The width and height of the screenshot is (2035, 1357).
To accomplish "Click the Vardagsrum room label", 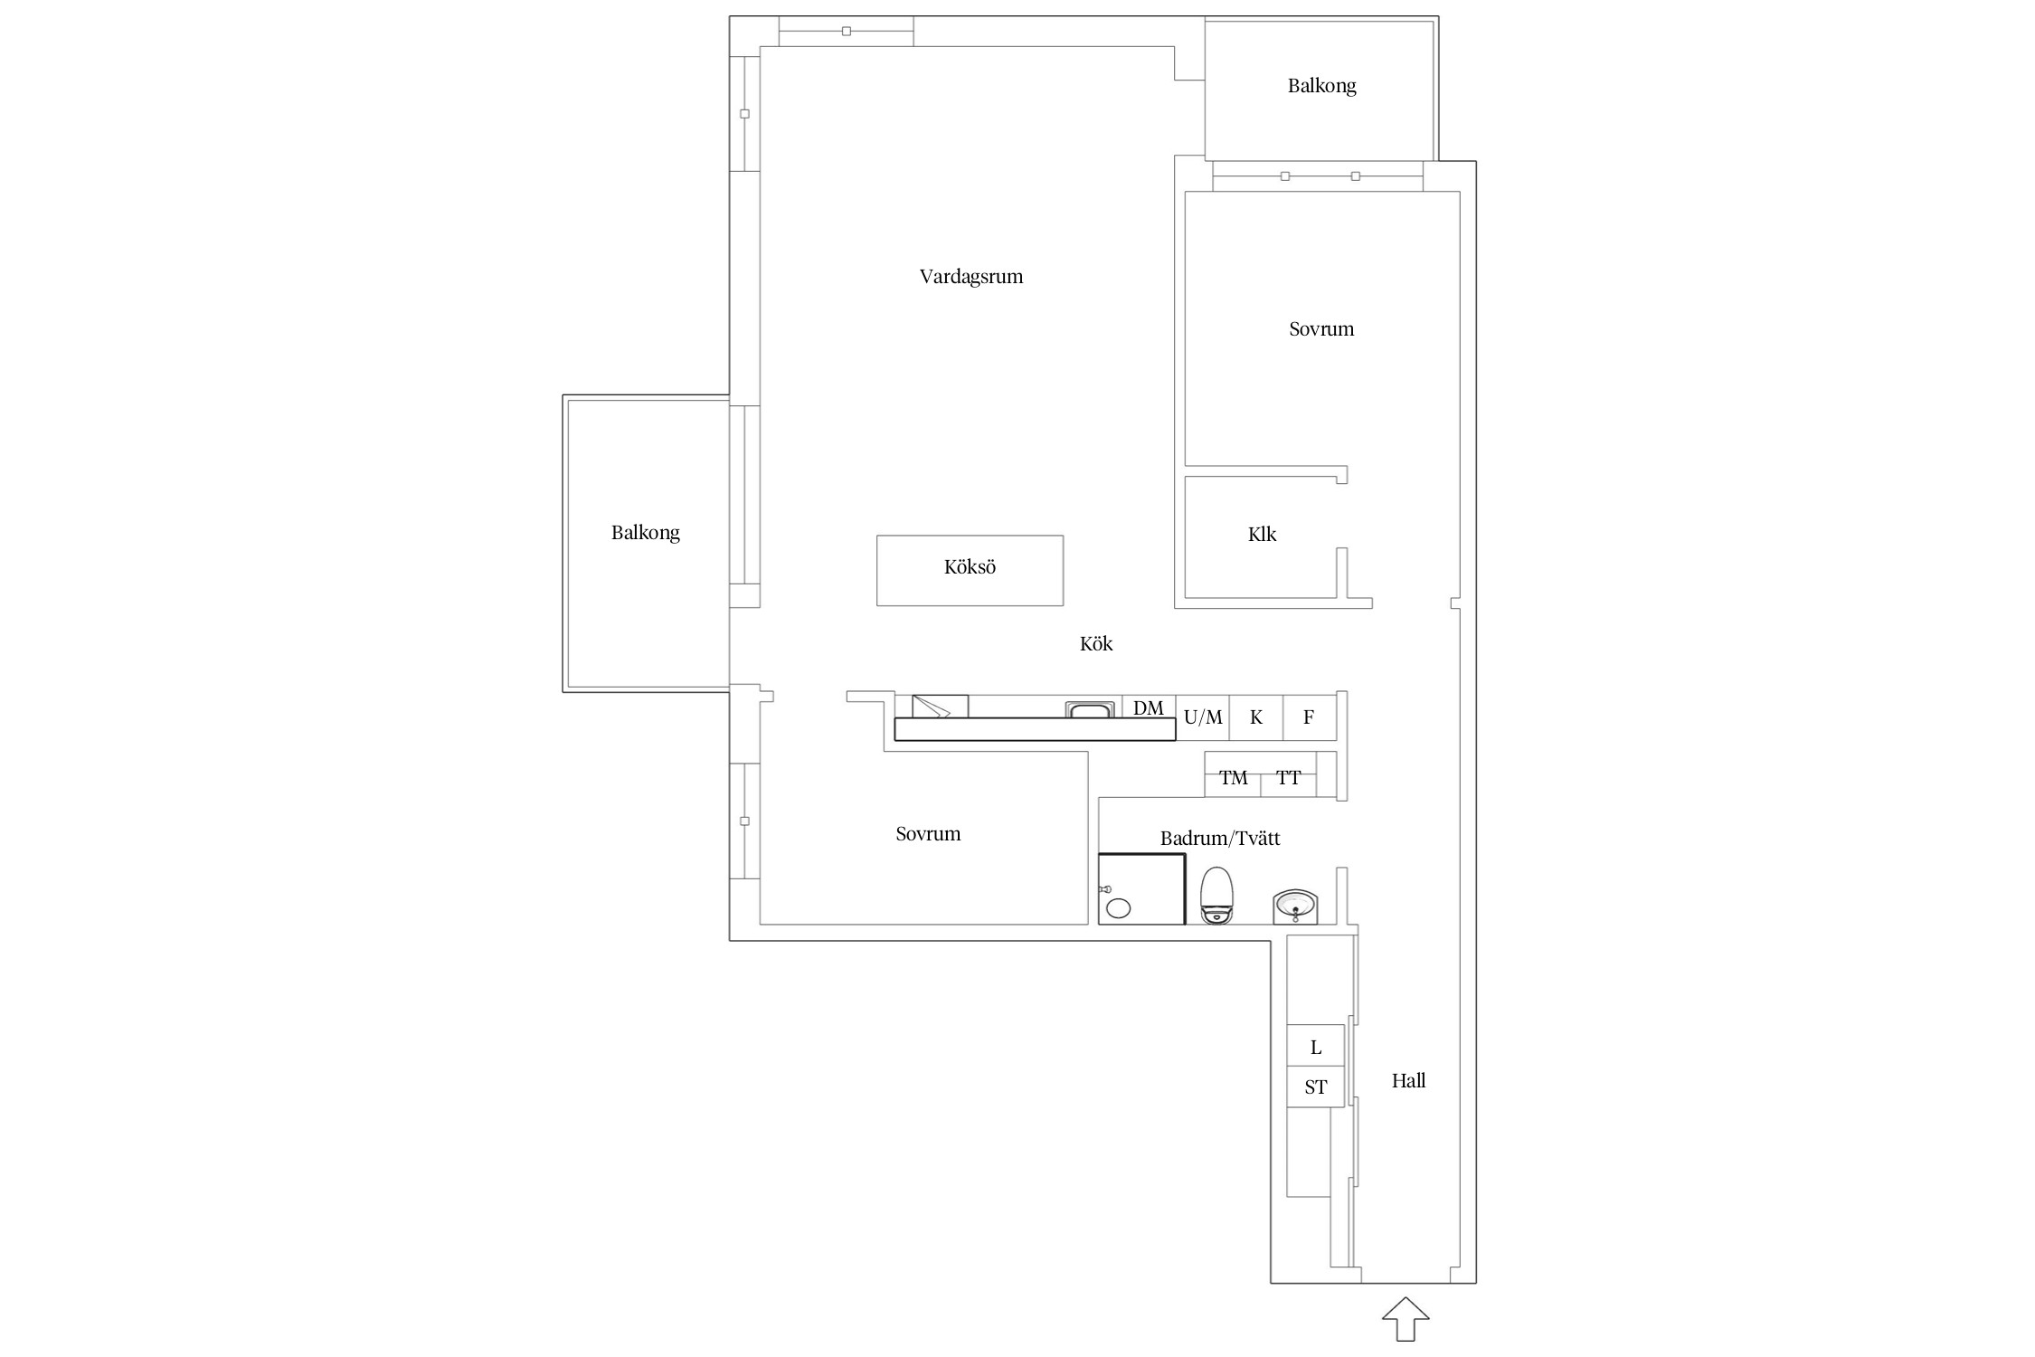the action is click(970, 277).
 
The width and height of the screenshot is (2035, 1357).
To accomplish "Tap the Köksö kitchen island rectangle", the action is click(970, 570).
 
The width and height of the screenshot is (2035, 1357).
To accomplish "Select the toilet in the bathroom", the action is click(1216, 895).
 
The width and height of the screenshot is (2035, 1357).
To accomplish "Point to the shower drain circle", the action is click(1119, 908).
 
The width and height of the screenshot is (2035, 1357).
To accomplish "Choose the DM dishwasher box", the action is click(1149, 707).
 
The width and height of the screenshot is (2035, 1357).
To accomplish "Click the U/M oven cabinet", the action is click(1203, 718).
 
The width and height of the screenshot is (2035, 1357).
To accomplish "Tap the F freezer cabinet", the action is click(1309, 718).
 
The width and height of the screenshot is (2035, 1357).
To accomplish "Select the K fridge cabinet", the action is click(1256, 718).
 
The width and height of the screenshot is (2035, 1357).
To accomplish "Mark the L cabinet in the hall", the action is click(1315, 1046).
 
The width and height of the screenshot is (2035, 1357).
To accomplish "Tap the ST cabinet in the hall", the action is click(1315, 1087).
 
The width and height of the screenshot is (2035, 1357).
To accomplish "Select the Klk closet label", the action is click(1262, 535).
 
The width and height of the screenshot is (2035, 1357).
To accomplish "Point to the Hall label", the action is click(1408, 1080).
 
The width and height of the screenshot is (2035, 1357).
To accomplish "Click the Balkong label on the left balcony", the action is click(645, 533).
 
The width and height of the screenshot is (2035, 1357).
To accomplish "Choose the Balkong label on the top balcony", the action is click(1321, 86).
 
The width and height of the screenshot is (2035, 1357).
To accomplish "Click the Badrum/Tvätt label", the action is click(1220, 839).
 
